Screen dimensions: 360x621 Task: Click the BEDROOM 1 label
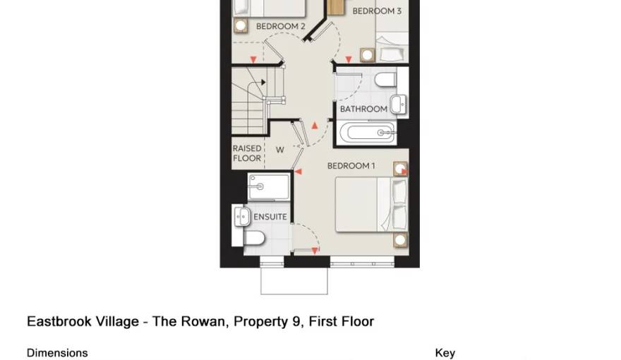(x=351, y=166)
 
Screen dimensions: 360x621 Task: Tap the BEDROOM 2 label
(x=280, y=26)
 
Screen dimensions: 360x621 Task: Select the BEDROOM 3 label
(x=377, y=11)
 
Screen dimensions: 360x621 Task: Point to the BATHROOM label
(x=363, y=109)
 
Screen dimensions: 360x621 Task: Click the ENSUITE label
(x=270, y=217)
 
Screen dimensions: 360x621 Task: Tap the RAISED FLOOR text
(x=247, y=154)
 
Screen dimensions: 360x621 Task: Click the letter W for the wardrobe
(x=279, y=150)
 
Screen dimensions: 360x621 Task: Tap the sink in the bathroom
(x=399, y=103)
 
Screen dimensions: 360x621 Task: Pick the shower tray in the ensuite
(x=268, y=187)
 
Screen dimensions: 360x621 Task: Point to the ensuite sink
(x=241, y=215)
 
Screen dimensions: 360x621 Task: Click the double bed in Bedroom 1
(x=370, y=205)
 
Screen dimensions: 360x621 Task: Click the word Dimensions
(x=57, y=353)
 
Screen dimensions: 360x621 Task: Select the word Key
(x=445, y=353)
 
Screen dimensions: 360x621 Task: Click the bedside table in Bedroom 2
(x=241, y=26)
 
